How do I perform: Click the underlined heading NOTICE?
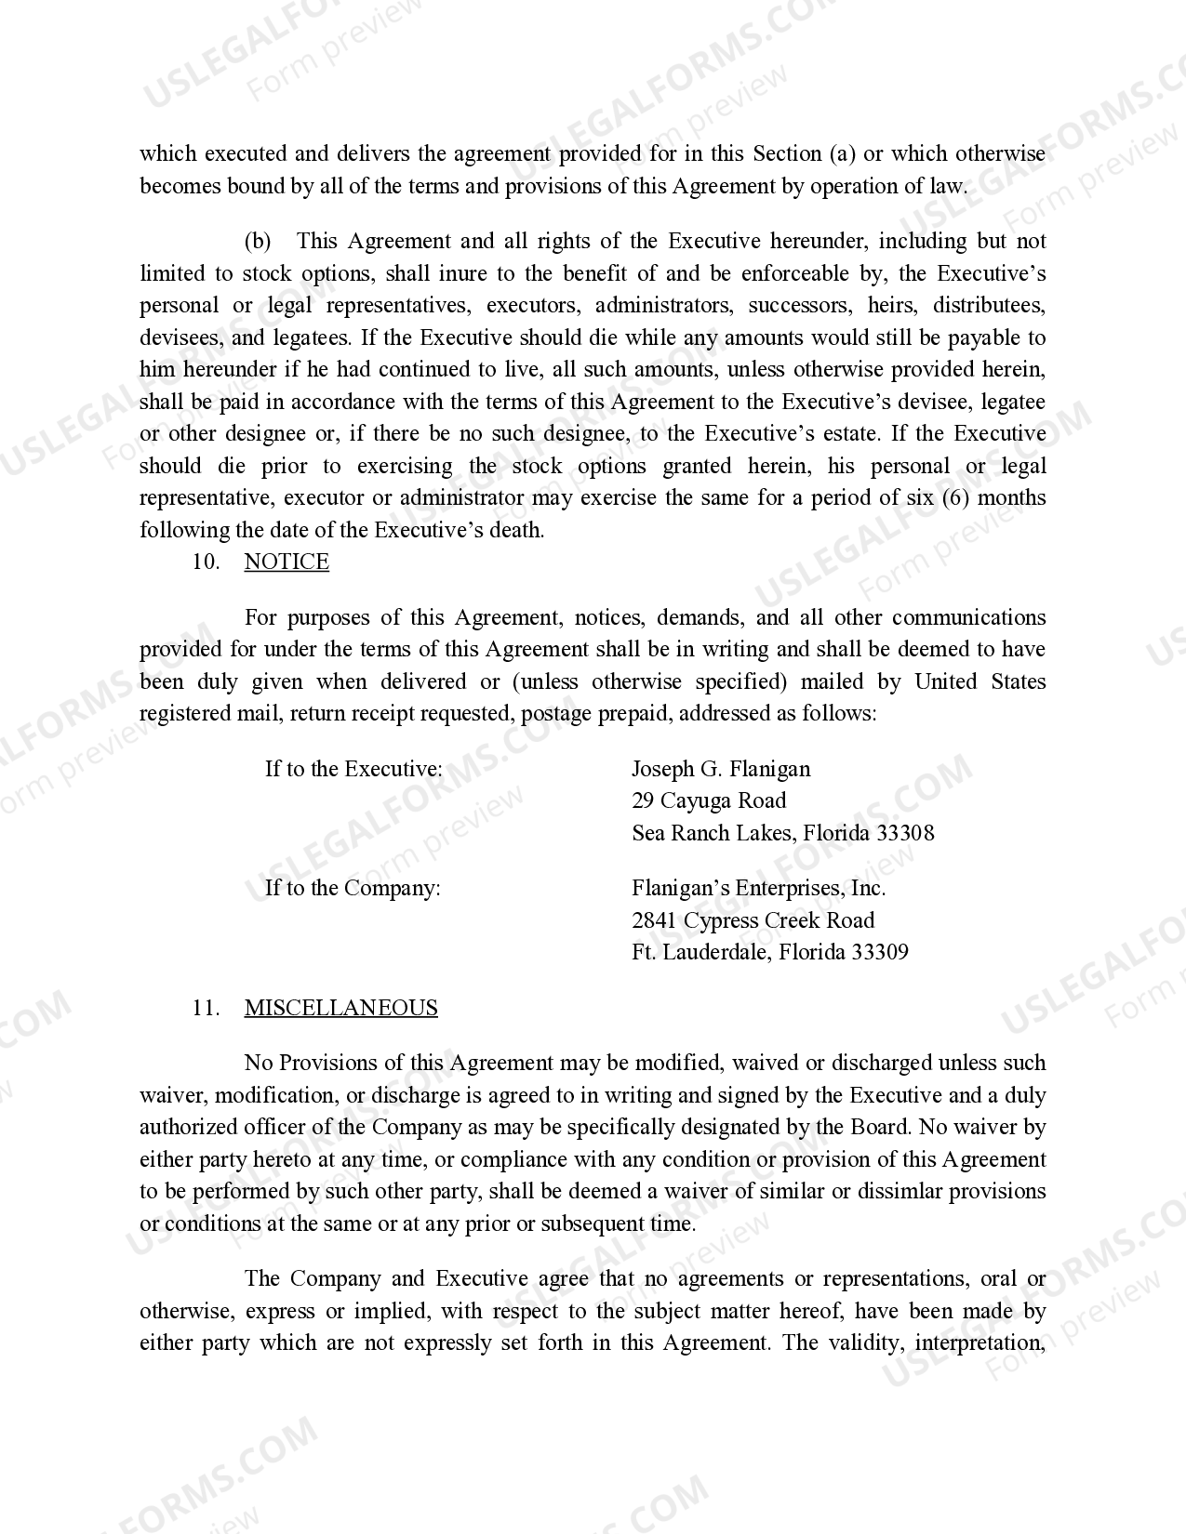[x=287, y=562]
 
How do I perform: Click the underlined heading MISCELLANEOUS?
[x=340, y=1009]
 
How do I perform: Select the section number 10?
[x=205, y=562]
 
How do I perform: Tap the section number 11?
[x=205, y=1009]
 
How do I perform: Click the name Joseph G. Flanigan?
[x=721, y=770]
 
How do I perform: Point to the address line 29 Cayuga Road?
[x=709, y=801]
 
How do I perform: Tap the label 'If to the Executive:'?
[x=353, y=770]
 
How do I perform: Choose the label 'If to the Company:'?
[x=353, y=889]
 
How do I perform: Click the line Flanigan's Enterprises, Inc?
[x=758, y=889]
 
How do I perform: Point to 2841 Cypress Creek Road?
[x=753, y=920]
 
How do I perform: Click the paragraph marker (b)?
[x=258, y=242]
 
